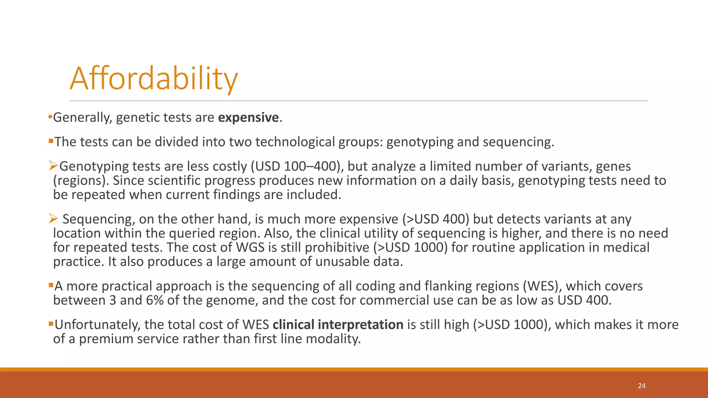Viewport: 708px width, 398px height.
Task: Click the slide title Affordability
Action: pos(154,79)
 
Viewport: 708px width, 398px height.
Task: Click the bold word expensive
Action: pos(248,117)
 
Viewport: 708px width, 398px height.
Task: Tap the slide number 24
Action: pos(642,386)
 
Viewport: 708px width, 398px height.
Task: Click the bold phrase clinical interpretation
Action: pos(338,325)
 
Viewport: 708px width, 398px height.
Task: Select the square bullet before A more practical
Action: pos(51,285)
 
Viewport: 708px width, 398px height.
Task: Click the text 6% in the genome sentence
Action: pos(155,300)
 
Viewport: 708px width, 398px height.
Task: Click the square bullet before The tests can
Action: pos(51,141)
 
